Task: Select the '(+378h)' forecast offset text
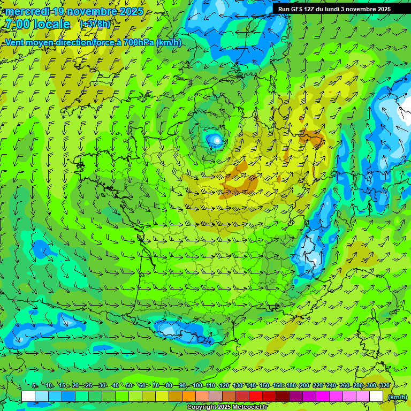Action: click(x=95, y=24)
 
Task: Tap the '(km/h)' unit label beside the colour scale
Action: click(x=397, y=397)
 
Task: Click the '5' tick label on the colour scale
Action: click(x=34, y=385)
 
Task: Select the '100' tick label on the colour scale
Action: click(x=197, y=385)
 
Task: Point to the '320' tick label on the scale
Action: click(x=384, y=385)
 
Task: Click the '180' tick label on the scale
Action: click(x=291, y=385)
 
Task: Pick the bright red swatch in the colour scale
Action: click(x=256, y=397)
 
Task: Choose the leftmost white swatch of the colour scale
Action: click(x=28, y=397)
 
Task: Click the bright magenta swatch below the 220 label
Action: click(x=323, y=397)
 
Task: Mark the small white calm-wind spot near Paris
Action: click(x=216, y=140)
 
